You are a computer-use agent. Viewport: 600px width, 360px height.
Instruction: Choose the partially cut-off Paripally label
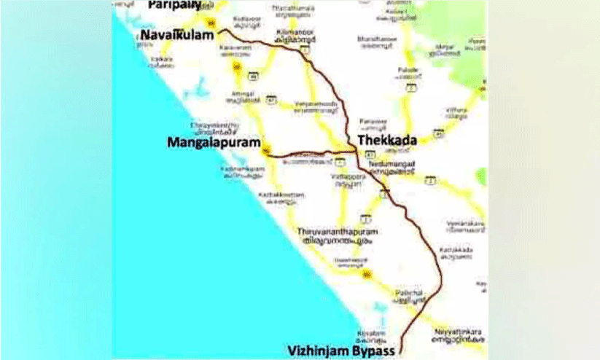pos(174,4)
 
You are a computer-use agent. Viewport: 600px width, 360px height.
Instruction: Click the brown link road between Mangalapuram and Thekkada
pos(306,154)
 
